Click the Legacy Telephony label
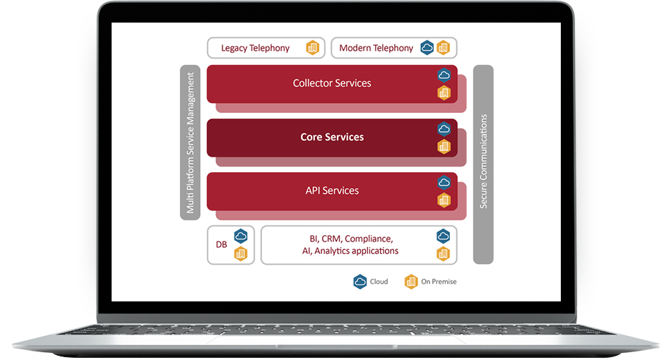(x=255, y=48)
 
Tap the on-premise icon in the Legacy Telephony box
(x=312, y=48)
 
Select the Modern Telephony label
(x=376, y=48)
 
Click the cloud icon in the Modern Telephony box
(x=427, y=48)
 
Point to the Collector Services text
(x=332, y=83)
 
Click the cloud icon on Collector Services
(x=444, y=75)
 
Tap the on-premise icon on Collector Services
(x=444, y=92)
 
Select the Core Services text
(x=332, y=137)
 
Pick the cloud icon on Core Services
(x=444, y=128)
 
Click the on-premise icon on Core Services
(x=444, y=146)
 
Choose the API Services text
(x=332, y=191)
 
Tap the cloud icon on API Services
(x=444, y=182)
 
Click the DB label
(x=221, y=245)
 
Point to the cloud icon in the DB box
(x=241, y=236)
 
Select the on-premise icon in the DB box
(x=241, y=253)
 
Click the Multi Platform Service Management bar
(x=190, y=143)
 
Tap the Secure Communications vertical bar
(x=483, y=164)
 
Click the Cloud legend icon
(x=360, y=282)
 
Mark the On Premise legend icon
(x=411, y=282)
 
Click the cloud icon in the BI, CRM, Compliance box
(x=443, y=236)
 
